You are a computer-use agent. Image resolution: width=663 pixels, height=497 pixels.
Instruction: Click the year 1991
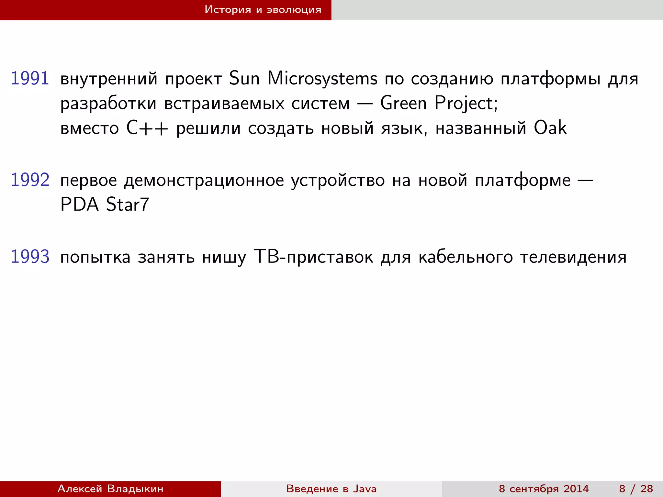click(30, 79)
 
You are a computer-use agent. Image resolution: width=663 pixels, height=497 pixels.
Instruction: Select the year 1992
click(30, 180)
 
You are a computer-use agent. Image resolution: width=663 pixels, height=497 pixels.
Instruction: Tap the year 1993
click(30, 257)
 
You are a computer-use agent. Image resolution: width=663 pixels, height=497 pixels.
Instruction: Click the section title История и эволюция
click(263, 10)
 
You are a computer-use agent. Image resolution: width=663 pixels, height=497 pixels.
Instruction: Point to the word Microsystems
click(322, 79)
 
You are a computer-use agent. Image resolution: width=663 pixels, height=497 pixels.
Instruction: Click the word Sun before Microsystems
click(244, 79)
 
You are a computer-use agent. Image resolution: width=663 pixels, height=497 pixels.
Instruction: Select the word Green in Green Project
click(403, 104)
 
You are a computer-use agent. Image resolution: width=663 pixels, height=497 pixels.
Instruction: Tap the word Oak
click(550, 128)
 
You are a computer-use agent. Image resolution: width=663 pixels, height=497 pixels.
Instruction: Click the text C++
click(147, 128)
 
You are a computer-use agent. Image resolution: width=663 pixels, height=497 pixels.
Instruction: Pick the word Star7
click(128, 204)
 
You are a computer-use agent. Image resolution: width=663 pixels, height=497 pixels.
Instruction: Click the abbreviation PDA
click(80, 204)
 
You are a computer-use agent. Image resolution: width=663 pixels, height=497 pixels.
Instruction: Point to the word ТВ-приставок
click(313, 257)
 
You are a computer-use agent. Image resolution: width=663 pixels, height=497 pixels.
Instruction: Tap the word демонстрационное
click(204, 181)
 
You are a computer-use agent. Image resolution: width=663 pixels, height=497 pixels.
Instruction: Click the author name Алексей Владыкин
click(110, 489)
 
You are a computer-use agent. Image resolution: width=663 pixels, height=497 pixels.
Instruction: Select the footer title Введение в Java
click(331, 489)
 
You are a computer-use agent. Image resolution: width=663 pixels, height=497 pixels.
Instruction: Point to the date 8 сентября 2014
click(544, 489)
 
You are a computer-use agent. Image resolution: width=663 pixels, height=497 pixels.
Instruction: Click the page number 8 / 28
click(636, 489)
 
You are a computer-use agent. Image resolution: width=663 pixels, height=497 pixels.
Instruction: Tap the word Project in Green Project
click(466, 104)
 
